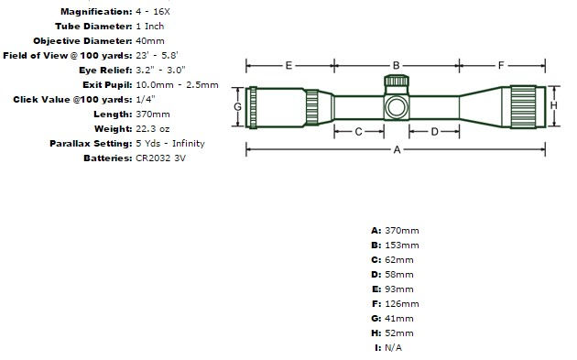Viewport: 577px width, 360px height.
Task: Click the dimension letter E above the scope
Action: (288, 66)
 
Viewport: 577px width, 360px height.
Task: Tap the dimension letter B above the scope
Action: (396, 66)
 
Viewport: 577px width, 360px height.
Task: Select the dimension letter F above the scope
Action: (501, 66)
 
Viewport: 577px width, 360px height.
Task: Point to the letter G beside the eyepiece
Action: (238, 107)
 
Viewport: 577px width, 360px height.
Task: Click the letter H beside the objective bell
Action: (553, 105)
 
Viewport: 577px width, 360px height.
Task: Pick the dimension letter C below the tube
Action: (358, 132)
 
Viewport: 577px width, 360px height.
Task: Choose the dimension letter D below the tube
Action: (434, 132)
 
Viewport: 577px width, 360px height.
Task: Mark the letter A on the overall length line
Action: (397, 149)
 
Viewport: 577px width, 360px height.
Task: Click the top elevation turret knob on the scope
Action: (397, 81)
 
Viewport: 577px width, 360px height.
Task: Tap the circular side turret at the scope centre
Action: (397, 107)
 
